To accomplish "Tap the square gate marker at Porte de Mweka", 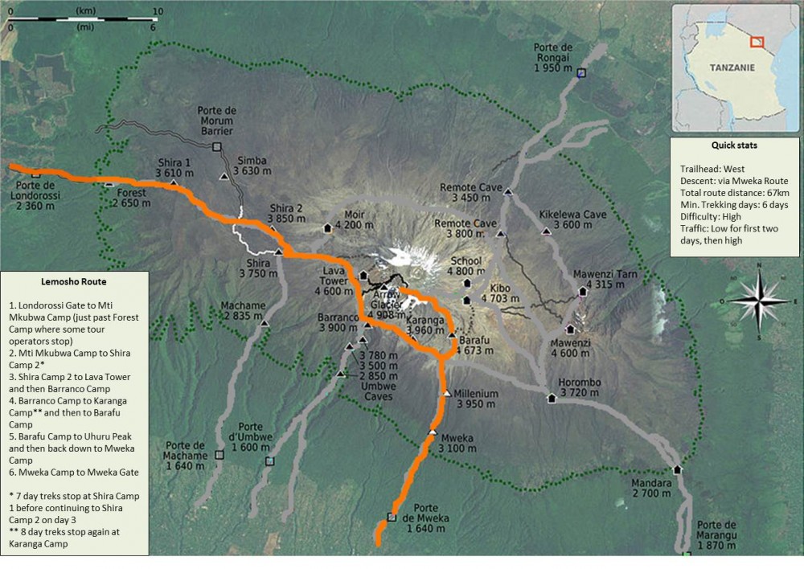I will click(x=392, y=517).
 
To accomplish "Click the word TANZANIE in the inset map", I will click(x=731, y=68).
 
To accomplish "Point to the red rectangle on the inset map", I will click(x=757, y=42).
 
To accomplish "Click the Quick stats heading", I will click(x=734, y=146).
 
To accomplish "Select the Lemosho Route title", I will click(x=74, y=282).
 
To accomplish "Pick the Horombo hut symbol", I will click(x=552, y=398).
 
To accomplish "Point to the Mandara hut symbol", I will click(x=677, y=470).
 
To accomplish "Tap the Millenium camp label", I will click(x=477, y=399).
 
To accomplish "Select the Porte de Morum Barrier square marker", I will click(x=216, y=147).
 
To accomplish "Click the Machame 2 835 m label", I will click(x=243, y=311).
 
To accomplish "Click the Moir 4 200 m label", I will click(x=354, y=220).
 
